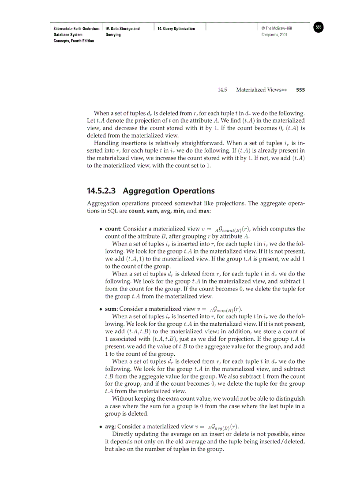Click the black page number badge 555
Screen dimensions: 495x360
[x=319, y=27]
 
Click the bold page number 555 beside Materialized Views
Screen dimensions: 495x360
[x=300, y=90]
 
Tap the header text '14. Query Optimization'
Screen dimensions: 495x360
[x=176, y=29]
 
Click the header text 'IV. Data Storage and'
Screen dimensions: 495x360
[x=123, y=29]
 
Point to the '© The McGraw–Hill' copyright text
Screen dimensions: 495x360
[x=277, y=29]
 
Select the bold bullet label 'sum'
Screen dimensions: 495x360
[x=111, y=309]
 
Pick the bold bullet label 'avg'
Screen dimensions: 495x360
[x=110, y=427]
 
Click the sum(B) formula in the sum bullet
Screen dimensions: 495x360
[x=226, y=309]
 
